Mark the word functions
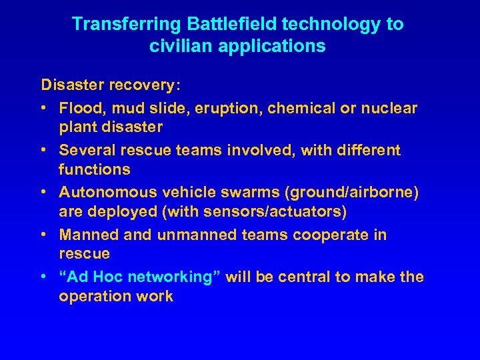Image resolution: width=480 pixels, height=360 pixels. tap(94, 169)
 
